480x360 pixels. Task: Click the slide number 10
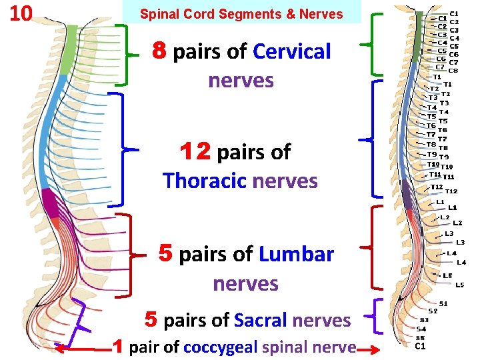coord(21,13)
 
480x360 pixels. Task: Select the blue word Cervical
coord(292,51)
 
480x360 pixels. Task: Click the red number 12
coord(195,152)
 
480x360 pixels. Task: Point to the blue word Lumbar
coord(296,254)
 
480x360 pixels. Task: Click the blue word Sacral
coord(261,321)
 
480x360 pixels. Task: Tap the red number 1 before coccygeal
coord(117,347)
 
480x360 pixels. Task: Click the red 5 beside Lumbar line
coord(167,253)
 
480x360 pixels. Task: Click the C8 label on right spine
coord(453,70)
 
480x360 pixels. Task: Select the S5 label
coord(420,337)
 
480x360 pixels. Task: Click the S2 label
coord(433,311)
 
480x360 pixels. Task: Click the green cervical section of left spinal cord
coord(67,53)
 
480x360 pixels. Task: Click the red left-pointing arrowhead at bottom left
coord(59,347)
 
